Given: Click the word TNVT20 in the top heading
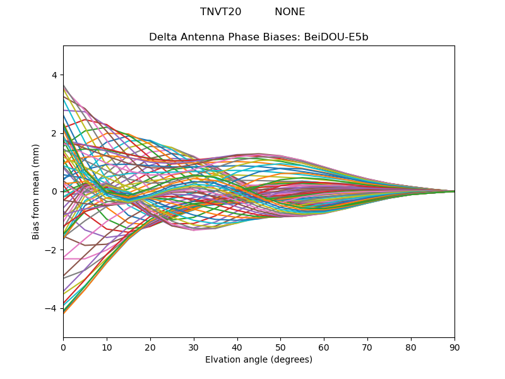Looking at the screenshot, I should point(220,12).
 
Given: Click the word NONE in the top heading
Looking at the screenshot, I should point(290,12).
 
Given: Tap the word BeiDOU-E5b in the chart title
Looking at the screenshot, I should point(336,37).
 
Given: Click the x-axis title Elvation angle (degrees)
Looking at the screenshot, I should point(259,360).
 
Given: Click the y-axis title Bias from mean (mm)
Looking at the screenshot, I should point(36,191).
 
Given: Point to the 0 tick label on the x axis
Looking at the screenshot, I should point(63,347).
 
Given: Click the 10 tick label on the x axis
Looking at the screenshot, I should point(107,347).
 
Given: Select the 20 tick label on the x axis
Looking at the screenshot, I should point(150,347).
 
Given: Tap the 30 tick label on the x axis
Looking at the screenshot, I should point(194,347).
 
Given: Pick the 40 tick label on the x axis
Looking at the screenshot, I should point(237,347).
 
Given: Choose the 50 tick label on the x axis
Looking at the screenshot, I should point(280,347).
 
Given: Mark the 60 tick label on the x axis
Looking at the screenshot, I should point(324,347).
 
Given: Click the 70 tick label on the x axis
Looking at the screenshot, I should point(367,347).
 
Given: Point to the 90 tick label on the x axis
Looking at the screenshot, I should point(454,347).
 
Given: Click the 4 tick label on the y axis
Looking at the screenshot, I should point(54,75).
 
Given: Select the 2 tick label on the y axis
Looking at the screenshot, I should point(54,133).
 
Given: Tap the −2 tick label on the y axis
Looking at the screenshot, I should point(52,250).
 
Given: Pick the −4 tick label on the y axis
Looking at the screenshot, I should point(52,308).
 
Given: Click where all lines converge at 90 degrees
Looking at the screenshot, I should point(454,191).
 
